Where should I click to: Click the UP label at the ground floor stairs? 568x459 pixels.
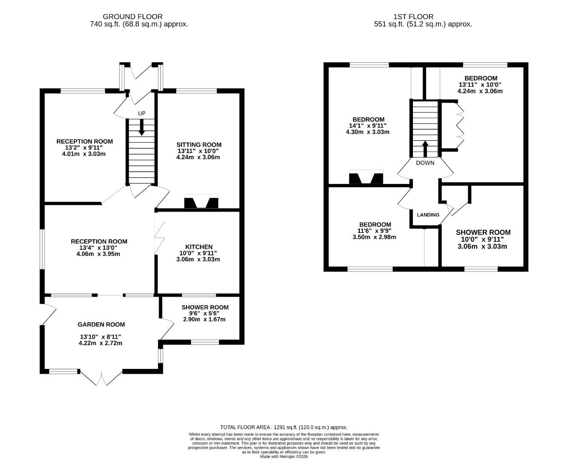141,113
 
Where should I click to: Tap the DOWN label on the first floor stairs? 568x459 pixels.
425,163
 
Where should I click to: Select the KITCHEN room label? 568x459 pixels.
198,247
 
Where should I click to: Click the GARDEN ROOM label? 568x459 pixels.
101,324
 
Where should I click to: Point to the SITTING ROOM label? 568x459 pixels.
199,144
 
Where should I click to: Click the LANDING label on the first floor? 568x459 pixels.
428,215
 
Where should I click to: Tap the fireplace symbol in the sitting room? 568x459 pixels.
201,202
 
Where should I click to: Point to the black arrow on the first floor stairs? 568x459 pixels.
425,149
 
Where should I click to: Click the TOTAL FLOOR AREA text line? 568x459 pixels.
284,427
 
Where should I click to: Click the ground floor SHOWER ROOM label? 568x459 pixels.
205,307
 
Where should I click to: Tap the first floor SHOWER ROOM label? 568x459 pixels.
483,232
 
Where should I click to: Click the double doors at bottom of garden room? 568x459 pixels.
102,378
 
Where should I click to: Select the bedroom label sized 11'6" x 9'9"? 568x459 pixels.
375,224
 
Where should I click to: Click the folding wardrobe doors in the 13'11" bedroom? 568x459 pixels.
460,125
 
